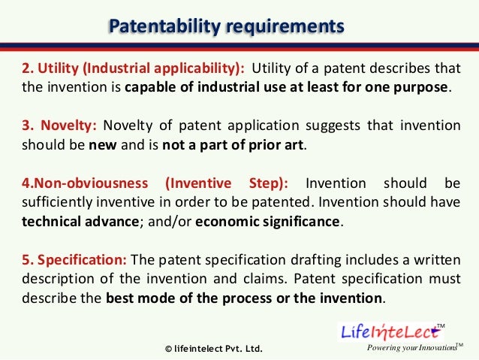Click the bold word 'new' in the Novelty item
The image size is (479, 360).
[99, 144]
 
